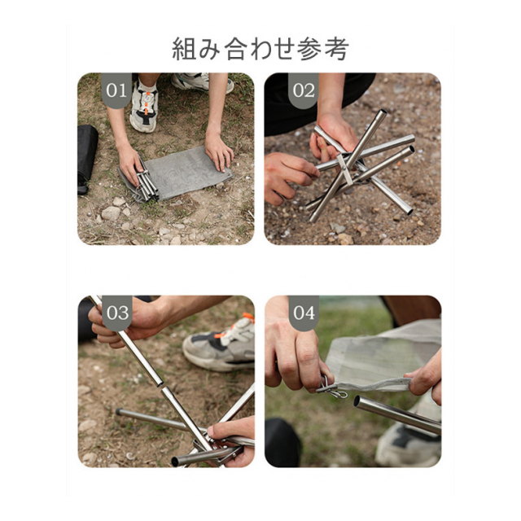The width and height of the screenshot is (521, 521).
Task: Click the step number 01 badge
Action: click(116, 90)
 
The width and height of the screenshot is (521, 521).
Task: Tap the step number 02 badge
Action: click(304, 90)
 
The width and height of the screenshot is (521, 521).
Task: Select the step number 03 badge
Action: click(117, 313)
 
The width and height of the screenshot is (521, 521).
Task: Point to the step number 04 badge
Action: click(304, 313)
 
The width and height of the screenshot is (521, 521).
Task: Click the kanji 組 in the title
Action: click(182, 49)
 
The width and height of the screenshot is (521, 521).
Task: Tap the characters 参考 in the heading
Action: click(322, 49)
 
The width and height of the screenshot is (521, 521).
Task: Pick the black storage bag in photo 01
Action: click(87, 158)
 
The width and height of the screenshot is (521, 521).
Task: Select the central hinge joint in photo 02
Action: click(345, 169)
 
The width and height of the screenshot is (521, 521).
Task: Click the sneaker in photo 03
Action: click(220, 345)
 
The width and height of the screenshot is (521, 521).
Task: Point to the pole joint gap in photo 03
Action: click(160, 385)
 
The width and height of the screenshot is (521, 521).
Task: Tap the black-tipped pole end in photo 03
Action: click(119, 413)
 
